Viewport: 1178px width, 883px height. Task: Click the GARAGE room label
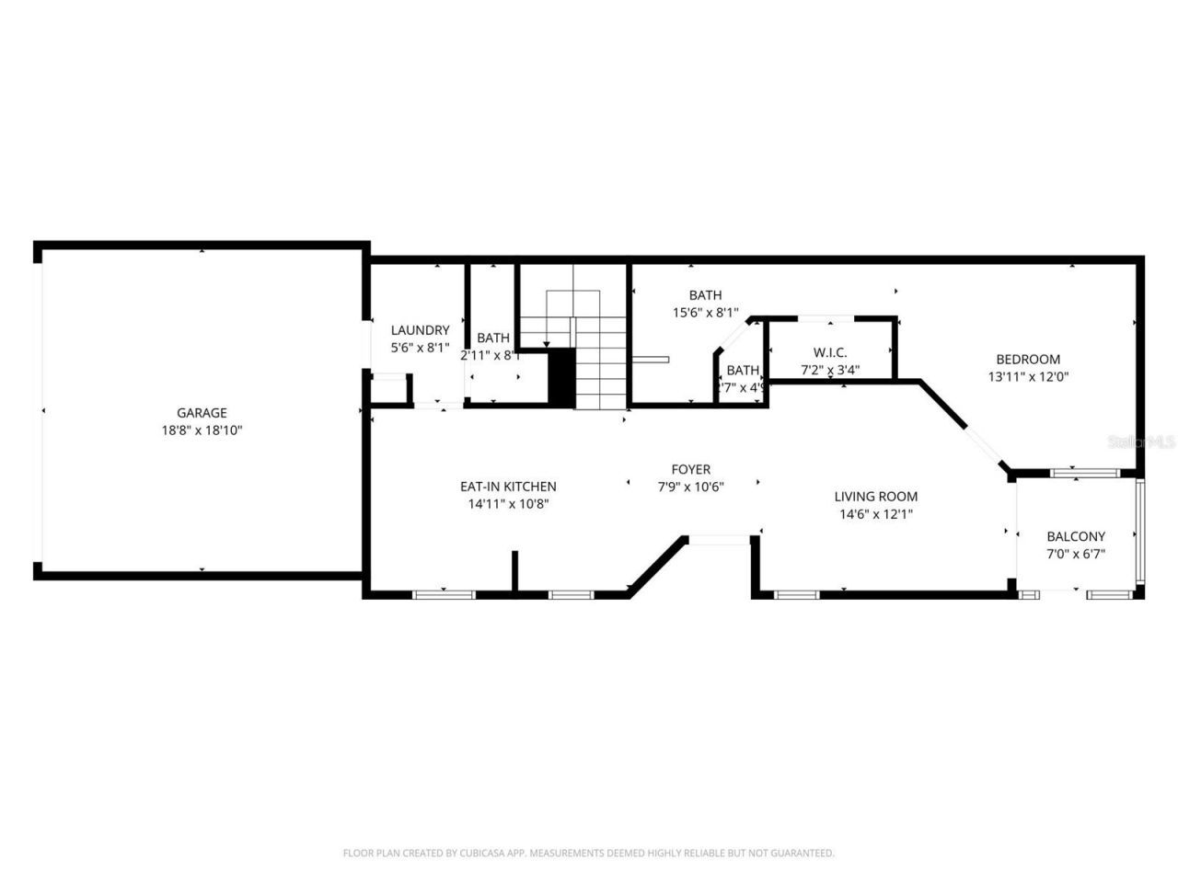tap(202, 413)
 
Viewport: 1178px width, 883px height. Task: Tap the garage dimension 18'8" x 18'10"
tap(202, 430)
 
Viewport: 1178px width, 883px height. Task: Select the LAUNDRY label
tap(420, 330)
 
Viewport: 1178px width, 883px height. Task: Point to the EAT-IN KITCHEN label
tap(508, 487)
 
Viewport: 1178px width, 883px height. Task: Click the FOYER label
tap(690, 470)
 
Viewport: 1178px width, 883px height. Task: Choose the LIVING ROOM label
tap(875, 497)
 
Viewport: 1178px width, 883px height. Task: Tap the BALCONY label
tap(1076, 536)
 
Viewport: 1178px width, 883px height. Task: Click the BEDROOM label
tap(1028, 360)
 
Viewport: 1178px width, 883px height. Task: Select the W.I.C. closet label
tap(830, 352)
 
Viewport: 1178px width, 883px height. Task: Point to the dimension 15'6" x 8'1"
tap(705, 313)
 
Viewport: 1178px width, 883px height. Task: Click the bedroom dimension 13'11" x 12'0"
tap(1028, 376)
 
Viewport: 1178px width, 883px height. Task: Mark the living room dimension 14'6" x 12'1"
tap(875, 514)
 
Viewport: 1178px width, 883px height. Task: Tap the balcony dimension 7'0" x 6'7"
tap(1076, 554)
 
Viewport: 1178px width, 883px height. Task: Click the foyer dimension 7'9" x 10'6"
tap(690, 487)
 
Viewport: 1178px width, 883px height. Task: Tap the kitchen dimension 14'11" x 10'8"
tap(508, 504)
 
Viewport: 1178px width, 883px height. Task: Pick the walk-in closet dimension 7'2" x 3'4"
tap(830, 370)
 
